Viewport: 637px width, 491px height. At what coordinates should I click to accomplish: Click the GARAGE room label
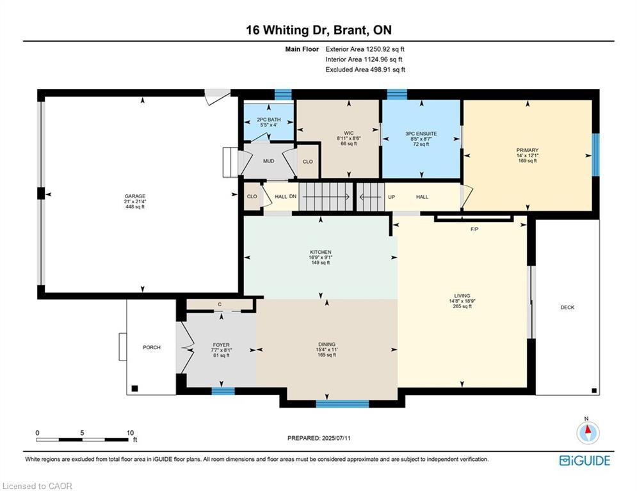pos(134,196)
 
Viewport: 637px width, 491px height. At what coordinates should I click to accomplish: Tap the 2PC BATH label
pos(269,120)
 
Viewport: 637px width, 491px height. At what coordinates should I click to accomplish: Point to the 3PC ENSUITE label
pos(421,134)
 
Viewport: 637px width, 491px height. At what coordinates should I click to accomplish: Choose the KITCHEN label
pos(320,252)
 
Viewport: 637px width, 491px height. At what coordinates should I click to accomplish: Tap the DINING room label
pos(327,345)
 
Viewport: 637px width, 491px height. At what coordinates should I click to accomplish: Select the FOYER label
pos(220,345)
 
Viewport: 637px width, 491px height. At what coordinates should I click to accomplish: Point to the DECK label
pos(567,308)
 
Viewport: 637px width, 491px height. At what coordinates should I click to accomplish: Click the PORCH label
pos(151,347)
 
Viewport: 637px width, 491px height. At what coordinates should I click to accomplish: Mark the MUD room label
pos(268,161)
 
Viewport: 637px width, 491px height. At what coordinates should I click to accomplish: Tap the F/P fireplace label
pos(474,228)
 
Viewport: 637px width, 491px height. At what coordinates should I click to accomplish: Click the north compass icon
pos(586,433)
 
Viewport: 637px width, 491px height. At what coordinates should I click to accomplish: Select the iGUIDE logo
pos(584,460)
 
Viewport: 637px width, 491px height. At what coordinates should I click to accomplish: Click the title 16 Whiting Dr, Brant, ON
pos(318,29)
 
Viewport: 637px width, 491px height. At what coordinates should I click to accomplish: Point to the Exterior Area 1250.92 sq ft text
pos(365,49)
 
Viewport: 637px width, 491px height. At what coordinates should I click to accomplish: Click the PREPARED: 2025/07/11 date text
pos(319,438)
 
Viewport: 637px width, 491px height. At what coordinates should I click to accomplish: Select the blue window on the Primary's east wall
pos(595,154)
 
